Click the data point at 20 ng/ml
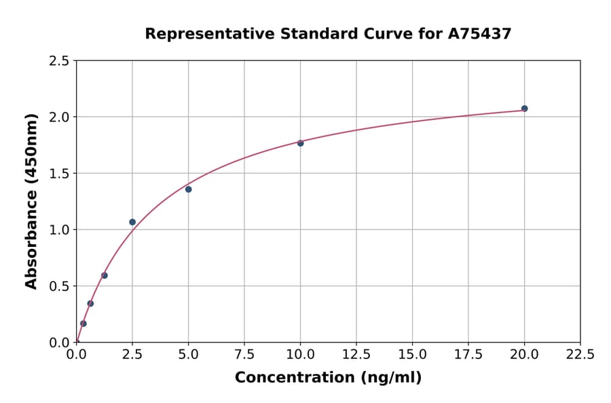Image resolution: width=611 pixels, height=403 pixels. click(x=524, y=109)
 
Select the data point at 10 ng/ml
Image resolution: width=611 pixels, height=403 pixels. click(x=300, y=143)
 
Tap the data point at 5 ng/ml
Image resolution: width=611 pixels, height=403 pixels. click(x=189, y=189)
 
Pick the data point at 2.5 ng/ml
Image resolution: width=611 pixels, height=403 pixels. click(x=132, y=222)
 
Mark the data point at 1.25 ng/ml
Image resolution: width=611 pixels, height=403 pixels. click(x=105, y=275)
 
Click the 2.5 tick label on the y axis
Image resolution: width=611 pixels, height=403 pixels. click(x=59, y=61)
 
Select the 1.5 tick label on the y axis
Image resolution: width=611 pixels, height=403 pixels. click(x=59, y=174)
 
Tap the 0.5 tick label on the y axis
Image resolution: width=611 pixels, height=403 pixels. click(x=59, y=286)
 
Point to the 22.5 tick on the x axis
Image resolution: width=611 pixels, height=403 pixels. click(x=580, y=354)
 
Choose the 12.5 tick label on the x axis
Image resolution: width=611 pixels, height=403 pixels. click(x=356, y=354)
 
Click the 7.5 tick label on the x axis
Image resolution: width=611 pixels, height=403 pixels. click(x=244, y=354)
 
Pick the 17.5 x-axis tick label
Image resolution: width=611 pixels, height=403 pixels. click(x=468, y=354)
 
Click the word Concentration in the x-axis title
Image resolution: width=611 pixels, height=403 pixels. click(x=294, y=378)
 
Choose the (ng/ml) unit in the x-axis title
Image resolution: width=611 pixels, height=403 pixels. click(x=390, y=378)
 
